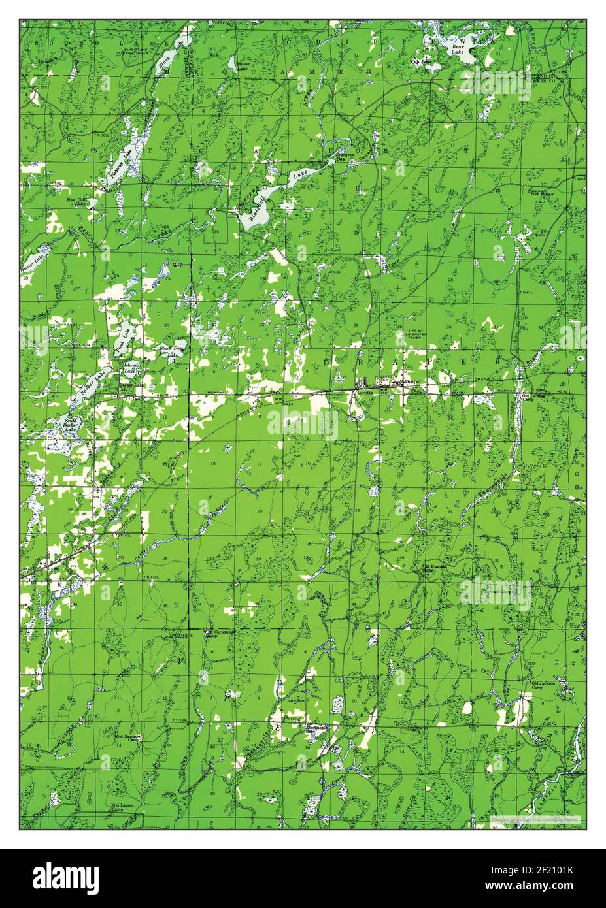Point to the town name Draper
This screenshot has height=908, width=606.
412,381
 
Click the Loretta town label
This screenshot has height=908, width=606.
363,393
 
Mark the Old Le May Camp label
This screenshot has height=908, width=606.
528,398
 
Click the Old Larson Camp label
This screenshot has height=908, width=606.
123,808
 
